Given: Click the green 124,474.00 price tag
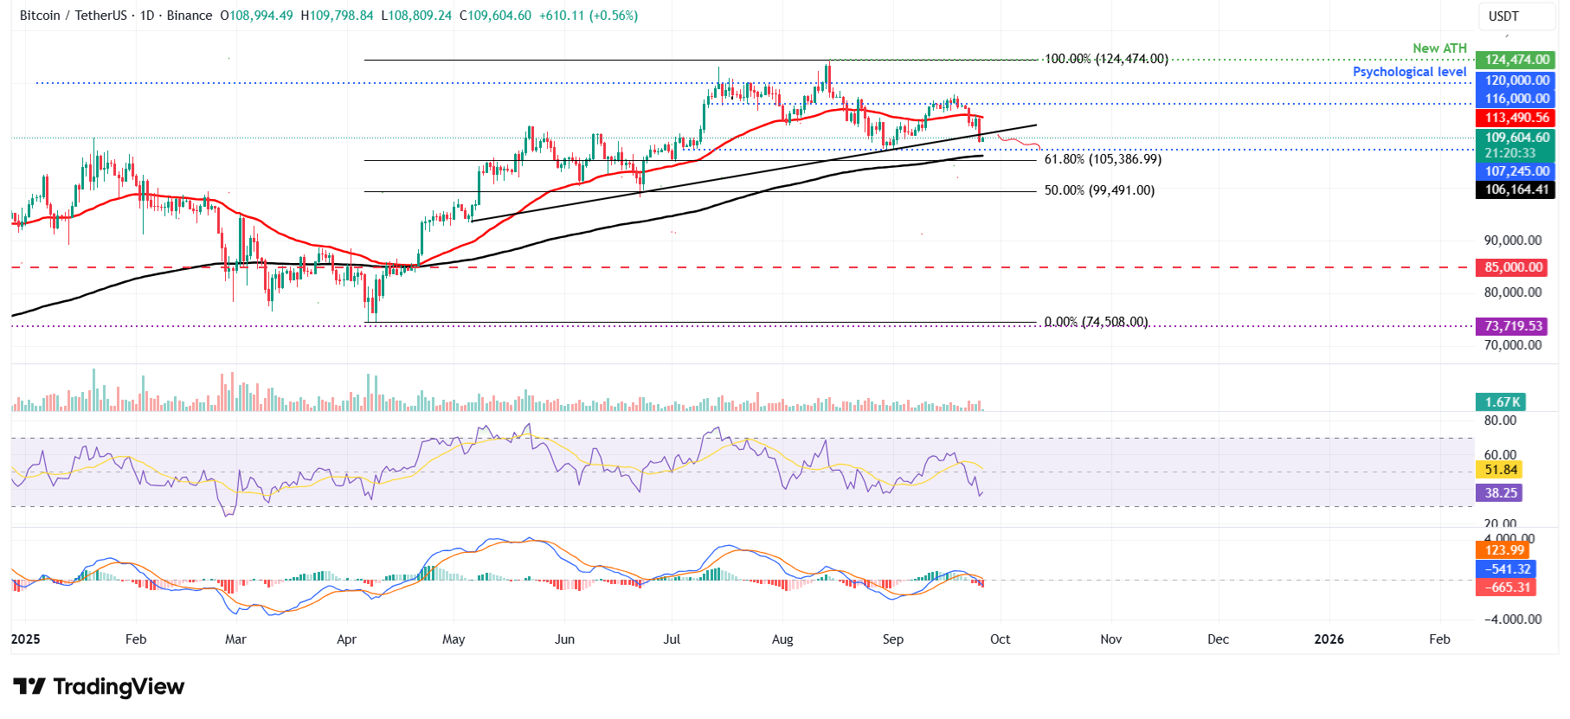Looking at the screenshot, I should point(1516,60).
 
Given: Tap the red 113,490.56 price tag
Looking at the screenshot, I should point(1516,118).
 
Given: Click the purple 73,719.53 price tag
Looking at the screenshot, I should point(1513,326).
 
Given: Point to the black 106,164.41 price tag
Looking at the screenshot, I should point(1516,189).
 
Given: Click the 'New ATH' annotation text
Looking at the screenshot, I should point(1439,48).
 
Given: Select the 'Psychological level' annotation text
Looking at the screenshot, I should point(1409,72).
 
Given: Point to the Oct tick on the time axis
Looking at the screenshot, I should point(1000,639).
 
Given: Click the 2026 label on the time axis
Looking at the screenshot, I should point(1329,639).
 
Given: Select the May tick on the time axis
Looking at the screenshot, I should point(454,639).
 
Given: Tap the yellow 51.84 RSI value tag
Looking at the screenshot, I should point(1500,470).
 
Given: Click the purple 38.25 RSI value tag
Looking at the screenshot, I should point(1500,493).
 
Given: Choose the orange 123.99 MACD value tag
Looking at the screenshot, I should point(1503,550).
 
